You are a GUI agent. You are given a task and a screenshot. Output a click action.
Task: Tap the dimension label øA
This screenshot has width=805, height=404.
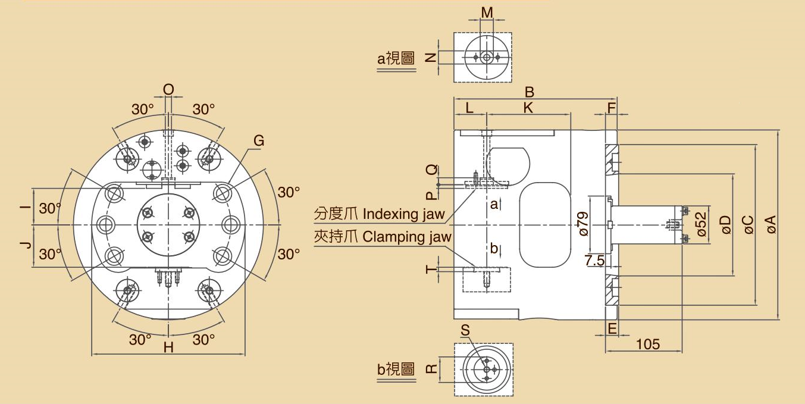[x=771, y=224]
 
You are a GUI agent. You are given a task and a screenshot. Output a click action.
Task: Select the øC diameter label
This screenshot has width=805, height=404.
[x=748, y=224]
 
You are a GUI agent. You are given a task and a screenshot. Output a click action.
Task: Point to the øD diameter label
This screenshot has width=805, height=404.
[x=725, y=224]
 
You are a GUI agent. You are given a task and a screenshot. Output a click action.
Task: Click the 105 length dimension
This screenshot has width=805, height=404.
[x=648, y=345]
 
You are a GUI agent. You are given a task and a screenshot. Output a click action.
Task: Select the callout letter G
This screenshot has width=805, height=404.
[x=259, y=141]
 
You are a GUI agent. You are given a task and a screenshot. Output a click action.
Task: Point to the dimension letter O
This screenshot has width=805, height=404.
[x=168, y=89]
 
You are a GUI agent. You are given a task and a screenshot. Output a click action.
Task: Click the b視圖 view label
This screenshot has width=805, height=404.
[x=396, y=369]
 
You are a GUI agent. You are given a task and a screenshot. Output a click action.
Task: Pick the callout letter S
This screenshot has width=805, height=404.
[x=465, y=330]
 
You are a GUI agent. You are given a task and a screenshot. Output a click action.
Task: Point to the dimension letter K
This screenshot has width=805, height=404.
[x=528, y=108]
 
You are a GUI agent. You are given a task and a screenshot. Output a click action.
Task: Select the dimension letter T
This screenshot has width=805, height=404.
[x=431, y=269]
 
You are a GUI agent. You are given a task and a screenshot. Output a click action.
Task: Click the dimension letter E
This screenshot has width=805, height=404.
[x=611, y=328]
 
